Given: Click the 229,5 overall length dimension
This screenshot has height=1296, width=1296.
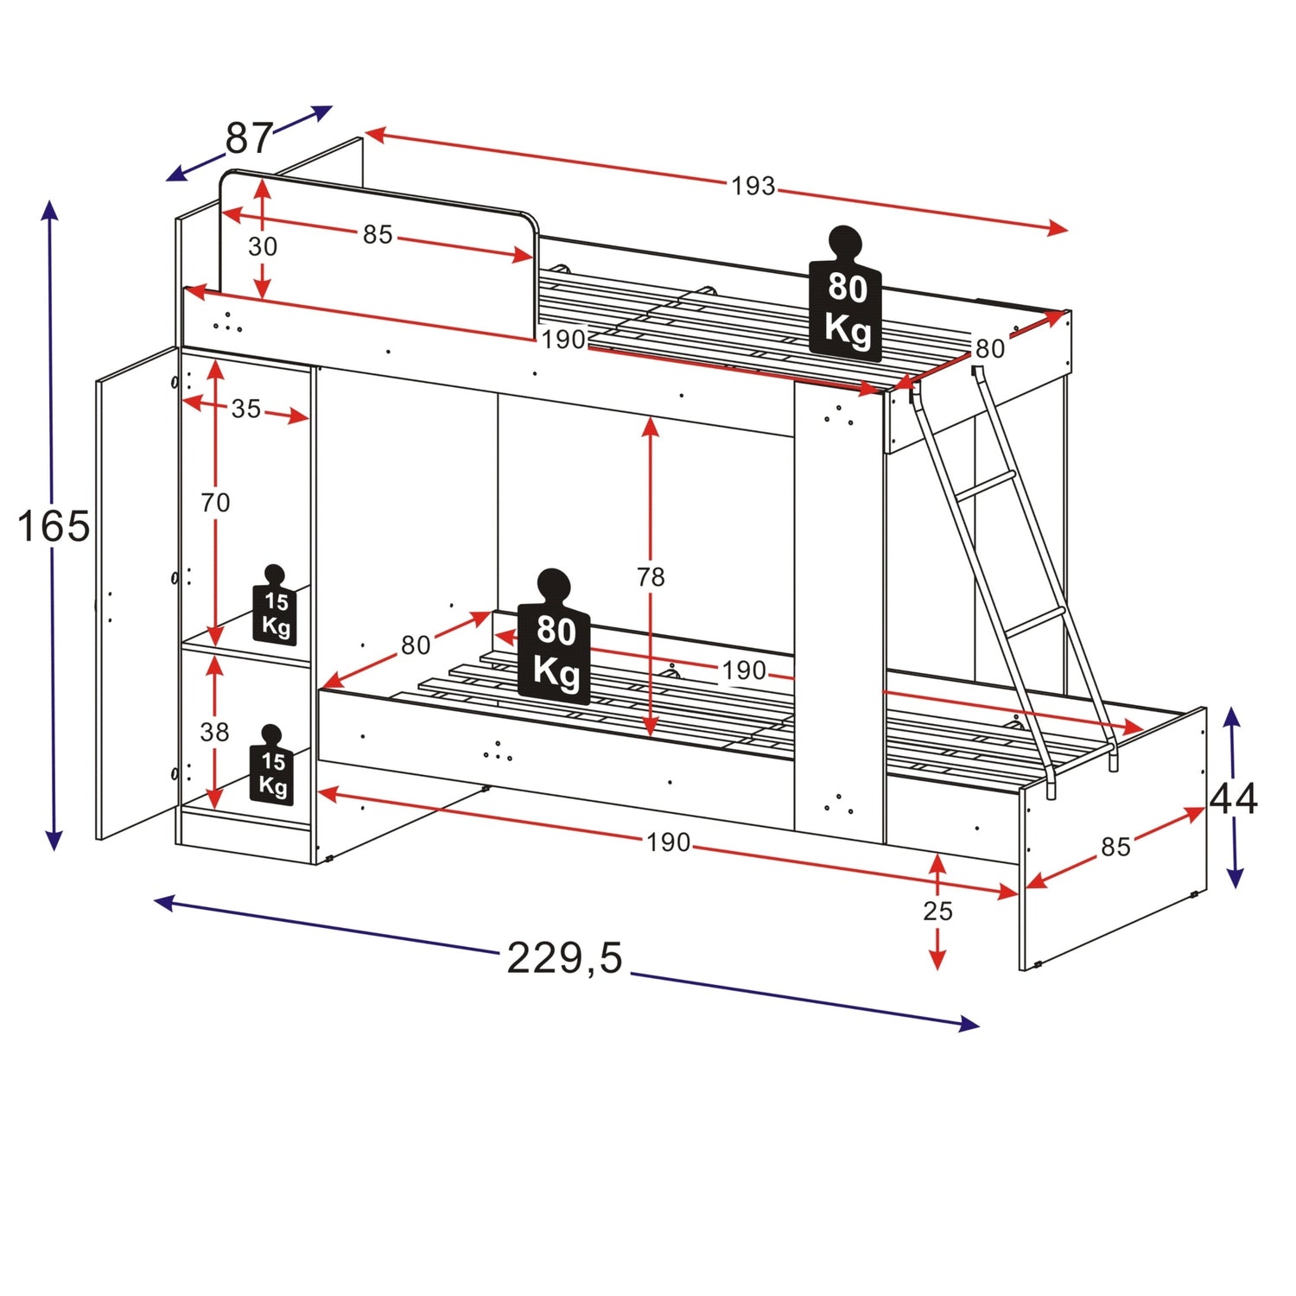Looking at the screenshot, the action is (x=564, y=958).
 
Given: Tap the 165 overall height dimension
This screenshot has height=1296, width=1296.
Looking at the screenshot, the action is (x=54, y=526).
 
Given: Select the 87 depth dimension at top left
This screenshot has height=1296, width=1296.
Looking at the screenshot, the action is (x=250, y=137).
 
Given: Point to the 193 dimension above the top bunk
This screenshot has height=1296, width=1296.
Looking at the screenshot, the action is (x=753, y=186).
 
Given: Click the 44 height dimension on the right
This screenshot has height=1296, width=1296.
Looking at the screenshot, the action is (x=1234, y=799).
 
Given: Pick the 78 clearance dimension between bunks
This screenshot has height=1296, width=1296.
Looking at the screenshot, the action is (x=651, y=576).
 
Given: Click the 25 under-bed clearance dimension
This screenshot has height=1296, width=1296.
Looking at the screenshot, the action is (x=937, y=911).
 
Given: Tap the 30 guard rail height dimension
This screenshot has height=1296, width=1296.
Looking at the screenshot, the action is (x=263, y=246).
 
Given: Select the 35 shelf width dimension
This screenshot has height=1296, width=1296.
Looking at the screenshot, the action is (x=246, y=409).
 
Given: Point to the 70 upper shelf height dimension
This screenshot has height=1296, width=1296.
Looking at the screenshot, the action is (x=215, y=502).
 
